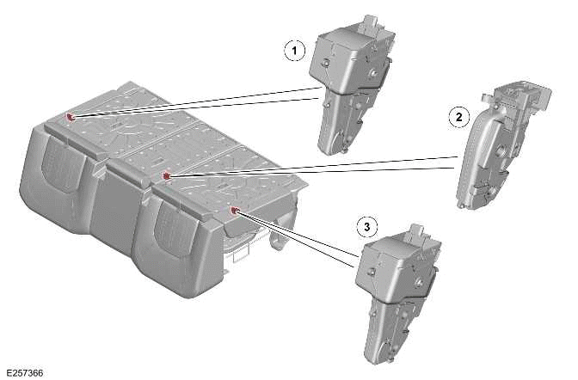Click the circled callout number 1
[295, 51]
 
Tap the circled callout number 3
[367, 227]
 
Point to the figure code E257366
[23, 372]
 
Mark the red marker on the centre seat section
[167, 175]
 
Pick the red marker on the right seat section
[234, 210]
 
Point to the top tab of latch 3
[419, 232]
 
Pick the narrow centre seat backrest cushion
[120, 206]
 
